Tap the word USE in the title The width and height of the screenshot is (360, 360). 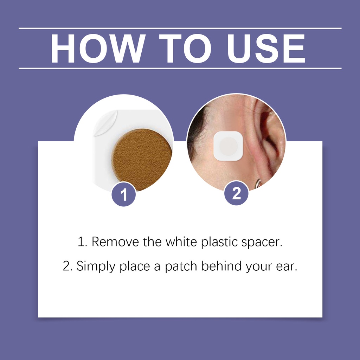(266, 49)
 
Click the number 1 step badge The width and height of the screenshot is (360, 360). (124, 194)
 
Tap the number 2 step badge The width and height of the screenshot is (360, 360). (236, 193)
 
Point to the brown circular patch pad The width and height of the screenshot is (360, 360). (142, 160)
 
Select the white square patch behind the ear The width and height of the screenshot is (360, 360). (228, 146)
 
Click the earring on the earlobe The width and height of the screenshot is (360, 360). (259, 183)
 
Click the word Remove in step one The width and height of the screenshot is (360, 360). (115, 242)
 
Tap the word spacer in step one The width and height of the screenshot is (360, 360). (262, 243)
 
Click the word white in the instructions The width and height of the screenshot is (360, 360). (181, 242)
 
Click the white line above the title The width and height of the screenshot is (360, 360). (180, 28)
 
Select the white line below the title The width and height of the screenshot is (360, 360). (180, 69)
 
